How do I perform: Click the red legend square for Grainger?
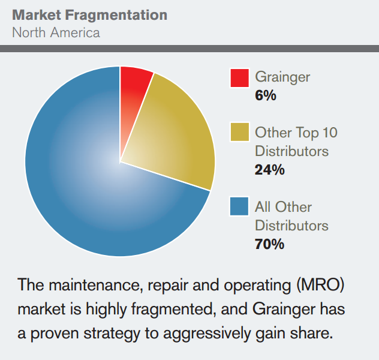coord(239,79)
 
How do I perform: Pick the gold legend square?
coord(239,133)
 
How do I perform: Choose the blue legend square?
coord(239,206)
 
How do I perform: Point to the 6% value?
coord(266,95)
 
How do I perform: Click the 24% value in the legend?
coord(269,169)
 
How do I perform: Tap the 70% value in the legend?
coord(269,244)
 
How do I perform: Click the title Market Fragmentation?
coord(90,14)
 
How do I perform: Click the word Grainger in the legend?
coord(282,77)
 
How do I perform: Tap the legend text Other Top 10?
coord(296,132)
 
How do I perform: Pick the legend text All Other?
coord(283,207)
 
